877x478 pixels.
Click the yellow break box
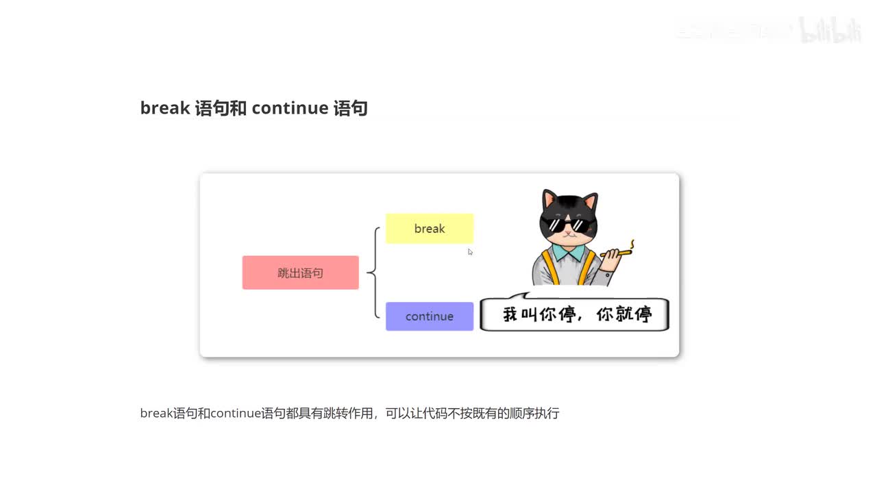coord(430,229)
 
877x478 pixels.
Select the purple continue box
coord(430,316)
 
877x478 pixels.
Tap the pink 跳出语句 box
coord(300,273)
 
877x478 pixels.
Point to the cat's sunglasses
coord(566,225)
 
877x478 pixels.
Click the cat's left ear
coord(550,201)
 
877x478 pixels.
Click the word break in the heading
coord(164,108)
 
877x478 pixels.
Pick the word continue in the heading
coord(290,108)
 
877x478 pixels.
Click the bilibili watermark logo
coord(830,31)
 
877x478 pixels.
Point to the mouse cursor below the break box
coord(470,252)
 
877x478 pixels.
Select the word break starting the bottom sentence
coord(156,414)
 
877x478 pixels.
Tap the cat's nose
coord(565,236)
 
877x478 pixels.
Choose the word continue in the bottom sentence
coord(236,414)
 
